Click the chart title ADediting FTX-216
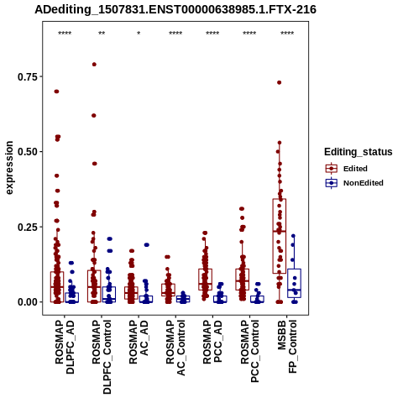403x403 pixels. (x=175, y=9)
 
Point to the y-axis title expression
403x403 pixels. (x=9, y=168)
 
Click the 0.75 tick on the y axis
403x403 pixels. (x=28, y=76)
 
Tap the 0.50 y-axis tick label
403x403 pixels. (x=28, y=152)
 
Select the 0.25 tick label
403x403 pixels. (x=28, y=227)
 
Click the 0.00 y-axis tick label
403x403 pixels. (x=28, y=302)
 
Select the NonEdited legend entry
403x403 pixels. (x=354, y=183)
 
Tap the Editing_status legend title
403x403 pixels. (x=359, y=152)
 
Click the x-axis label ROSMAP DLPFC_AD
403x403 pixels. (x=65, y=347)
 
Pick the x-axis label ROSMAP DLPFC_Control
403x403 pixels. (x=102, y=357)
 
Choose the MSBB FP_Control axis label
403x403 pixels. (x=287, y=347)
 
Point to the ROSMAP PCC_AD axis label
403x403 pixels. (x=212, y=342)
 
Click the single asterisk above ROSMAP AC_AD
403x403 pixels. (x=139, y=34)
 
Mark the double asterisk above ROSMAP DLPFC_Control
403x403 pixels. (x=102, y=34)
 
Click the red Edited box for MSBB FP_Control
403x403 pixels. (x=280, y=236)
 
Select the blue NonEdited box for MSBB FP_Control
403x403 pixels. (x=294, y=283)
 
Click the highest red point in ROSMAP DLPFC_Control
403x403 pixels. (x=94, y=65)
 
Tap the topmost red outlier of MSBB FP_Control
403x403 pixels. (x=279, y=82)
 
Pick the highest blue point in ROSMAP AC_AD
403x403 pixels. (x=147, y=245)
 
